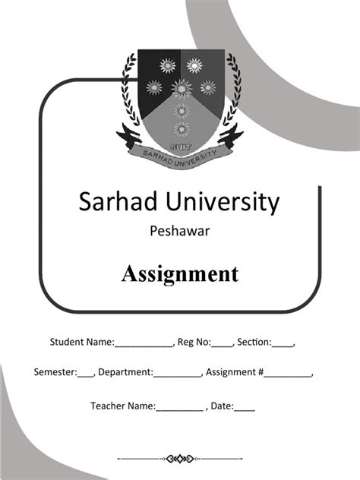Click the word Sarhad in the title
pyautogui.click(x=115, y=202)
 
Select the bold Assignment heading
pyautogui.click(x=180, y=273)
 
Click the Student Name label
pyautogui.click(x=81, y=343)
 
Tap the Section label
pyautogui.click(x=254, y=343)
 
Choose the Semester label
pyautogui.click(x=55, y=373)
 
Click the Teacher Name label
pyautogui.click(x=122, y=406)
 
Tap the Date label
pyautogui.click(x=222, y=406)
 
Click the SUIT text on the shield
pyautogui.click(x=180, y=139)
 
